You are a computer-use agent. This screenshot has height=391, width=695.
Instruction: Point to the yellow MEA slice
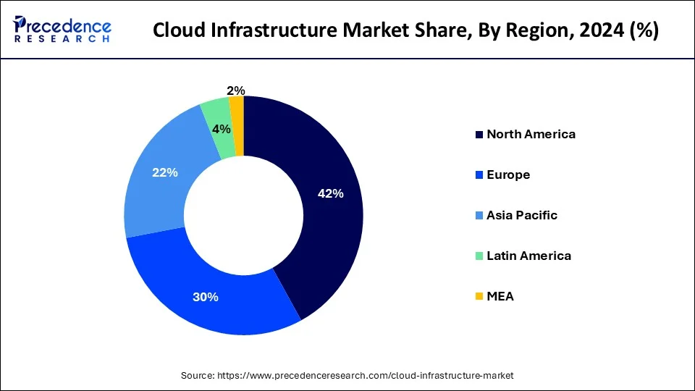point(237,116)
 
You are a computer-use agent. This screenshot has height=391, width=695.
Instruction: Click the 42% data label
point(330,193)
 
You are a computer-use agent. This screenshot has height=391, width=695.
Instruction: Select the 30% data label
point(206,297)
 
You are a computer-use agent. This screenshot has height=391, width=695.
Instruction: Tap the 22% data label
point(164,173)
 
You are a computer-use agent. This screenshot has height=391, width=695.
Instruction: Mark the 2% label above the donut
point(235,91)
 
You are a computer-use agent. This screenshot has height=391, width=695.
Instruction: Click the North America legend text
point(531,134)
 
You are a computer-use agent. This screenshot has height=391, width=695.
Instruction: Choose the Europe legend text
point(508,175)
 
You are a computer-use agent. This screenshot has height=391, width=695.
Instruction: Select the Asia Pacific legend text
point(522,215)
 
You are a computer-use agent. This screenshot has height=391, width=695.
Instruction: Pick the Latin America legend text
point(528,256)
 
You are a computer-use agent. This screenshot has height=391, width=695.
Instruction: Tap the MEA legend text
point(500,296)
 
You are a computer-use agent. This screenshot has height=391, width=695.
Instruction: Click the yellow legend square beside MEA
point(479,297)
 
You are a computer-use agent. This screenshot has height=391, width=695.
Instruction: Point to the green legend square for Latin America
point(479,256)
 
